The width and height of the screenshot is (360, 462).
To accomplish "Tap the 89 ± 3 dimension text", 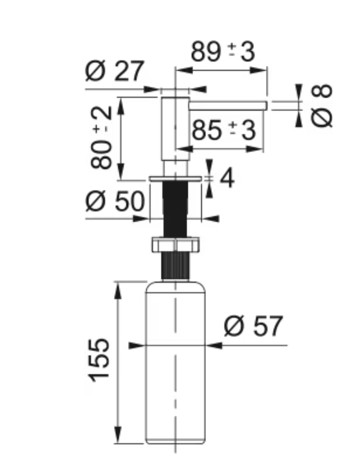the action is click(223, 52).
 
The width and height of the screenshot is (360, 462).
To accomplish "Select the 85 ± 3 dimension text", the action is click(224, 130).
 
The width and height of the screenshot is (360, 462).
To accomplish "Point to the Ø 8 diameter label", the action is click(322, 106).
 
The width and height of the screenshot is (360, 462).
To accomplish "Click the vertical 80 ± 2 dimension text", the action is click(102, 138).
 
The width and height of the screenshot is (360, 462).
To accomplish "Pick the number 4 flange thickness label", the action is click(227, 178).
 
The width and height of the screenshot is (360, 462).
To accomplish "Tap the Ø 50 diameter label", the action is click(115, 201).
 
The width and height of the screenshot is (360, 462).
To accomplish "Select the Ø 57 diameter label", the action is click(254, 326).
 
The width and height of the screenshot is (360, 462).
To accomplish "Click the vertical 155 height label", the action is click(100, 360).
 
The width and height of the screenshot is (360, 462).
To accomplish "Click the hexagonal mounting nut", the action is click(176, 244).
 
